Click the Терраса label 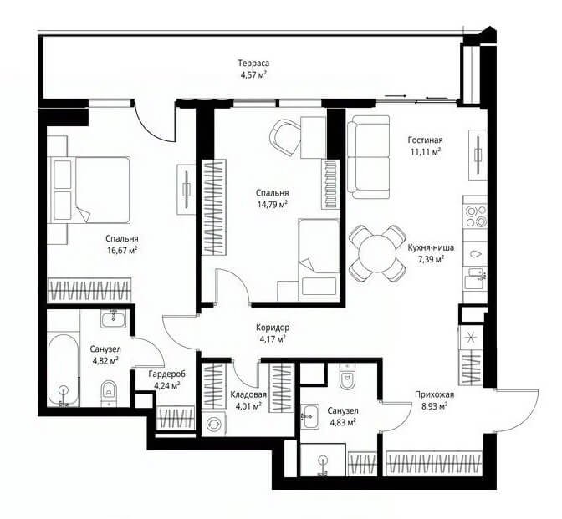(x=253, y=64)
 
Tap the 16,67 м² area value (x=123, y=251)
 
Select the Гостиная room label (x=425, y=140)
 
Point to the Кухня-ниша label (x=431, y=247)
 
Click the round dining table (x=378, y=253)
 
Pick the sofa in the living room (x=369, y=157)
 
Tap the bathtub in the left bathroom (x=64, y=370)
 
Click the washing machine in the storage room (x=213, y=424)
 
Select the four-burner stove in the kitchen (x=475, y=216)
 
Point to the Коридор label (x=273, y=328)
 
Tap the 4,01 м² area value (x=248, y=406)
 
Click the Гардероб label (x=167, y=374)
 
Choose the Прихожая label (x=434, y=394)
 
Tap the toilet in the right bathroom (x=347, y=376)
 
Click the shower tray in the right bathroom (x=323, y=460)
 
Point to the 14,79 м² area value (x=273, y=205)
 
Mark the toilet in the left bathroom (x=109, y=393)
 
